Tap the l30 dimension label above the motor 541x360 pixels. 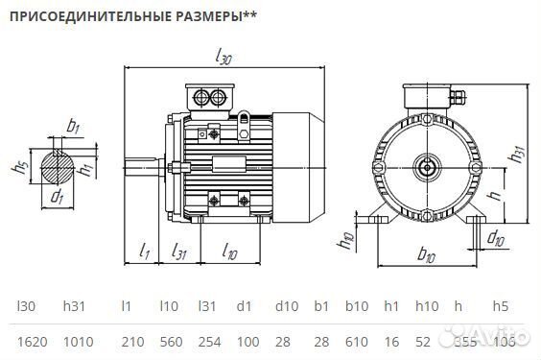223,59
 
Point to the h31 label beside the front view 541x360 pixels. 518,153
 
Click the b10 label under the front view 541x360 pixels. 428,255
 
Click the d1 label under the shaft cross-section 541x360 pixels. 57,198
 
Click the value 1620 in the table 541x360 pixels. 33,341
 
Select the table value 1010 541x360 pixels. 79,341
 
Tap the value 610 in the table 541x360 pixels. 356,341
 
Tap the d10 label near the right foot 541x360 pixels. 497,237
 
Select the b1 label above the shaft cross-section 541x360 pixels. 73,126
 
